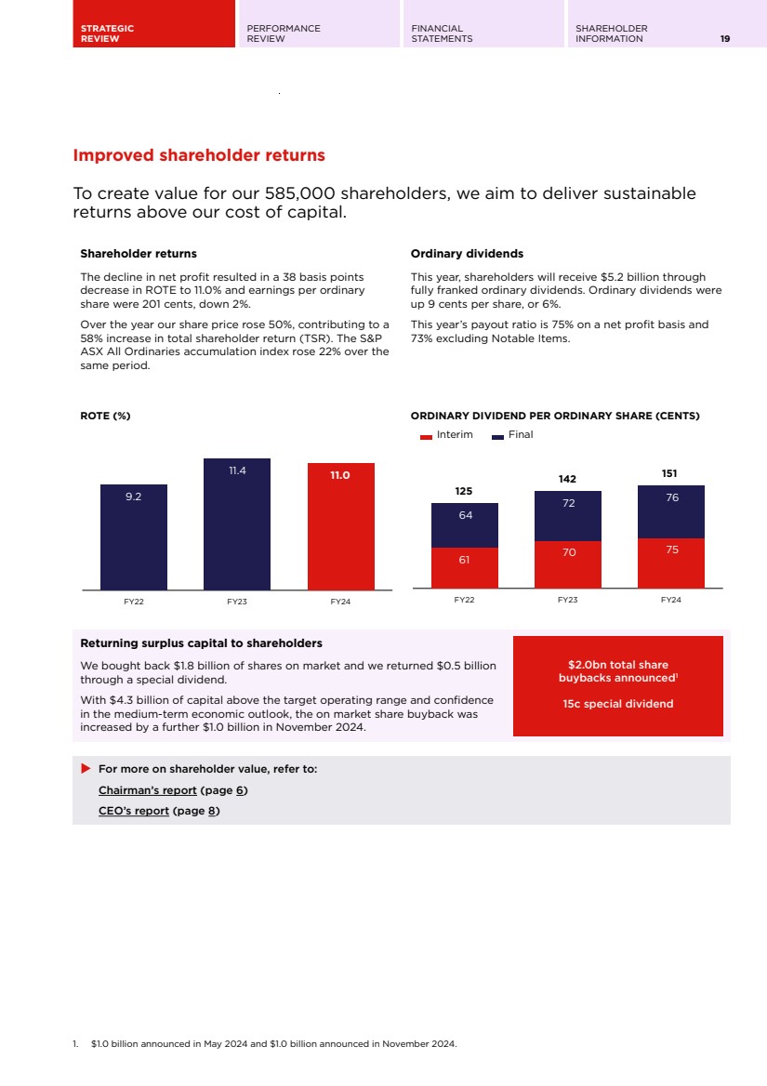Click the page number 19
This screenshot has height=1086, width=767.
(x=724, y=39)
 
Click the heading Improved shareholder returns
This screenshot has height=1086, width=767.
(x=199, y=155)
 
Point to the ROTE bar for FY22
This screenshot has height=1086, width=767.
(x=134, y=536)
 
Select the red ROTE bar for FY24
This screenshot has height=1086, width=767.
(x=341, y=526)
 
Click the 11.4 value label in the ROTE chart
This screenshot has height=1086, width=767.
(x=237, y=471)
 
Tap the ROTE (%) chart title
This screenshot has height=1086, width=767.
(x=105, y=416)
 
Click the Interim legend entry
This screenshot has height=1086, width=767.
(x=446, y=435)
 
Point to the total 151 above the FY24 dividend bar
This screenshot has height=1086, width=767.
(x=669, y=473)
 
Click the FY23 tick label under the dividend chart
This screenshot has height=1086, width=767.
(x=567, y=600)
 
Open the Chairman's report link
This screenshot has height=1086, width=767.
(x=148, y=790)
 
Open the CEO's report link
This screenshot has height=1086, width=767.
(x=134, y=811)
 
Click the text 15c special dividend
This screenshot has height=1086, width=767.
(x=617, y=704)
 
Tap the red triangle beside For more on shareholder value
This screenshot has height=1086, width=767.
(x=86, y=769)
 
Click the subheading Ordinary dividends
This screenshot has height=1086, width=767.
(x=467, y=254)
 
